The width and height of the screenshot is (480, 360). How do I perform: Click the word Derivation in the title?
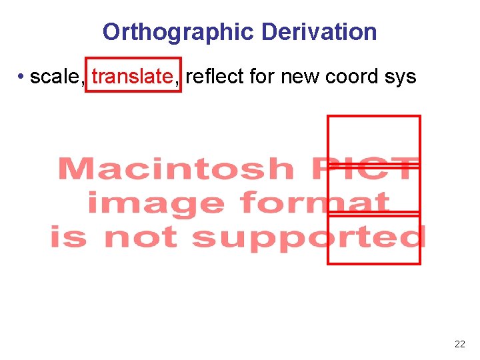point(319,31)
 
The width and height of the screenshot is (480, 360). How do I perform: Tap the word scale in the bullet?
point(55,77)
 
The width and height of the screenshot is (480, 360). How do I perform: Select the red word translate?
point(132,77)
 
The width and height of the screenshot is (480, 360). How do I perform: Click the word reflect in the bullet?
point(215,77)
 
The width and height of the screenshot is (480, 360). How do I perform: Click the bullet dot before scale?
point(22,77)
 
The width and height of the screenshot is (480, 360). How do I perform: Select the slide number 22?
point(459,344)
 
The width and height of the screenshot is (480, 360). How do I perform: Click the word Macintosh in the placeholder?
point(175,169)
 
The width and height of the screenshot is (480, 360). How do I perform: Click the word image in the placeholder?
point(155,203)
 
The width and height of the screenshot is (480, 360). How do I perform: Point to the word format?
point(314,203)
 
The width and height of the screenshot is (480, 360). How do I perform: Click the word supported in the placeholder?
point(309,238)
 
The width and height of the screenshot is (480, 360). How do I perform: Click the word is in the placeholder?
point(69,237)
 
